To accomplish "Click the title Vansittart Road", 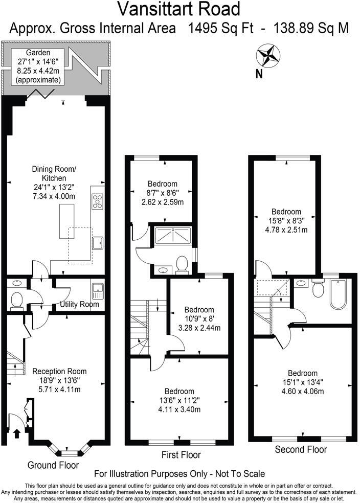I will (x=179, y=9).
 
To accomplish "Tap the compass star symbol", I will (x=267, y=54).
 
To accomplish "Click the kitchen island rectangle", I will (x=65, y=221).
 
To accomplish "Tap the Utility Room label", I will (x=79, y=305).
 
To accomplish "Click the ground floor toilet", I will (x=16, y=300).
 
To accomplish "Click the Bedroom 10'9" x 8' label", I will (x=199, y=318).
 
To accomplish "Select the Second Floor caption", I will (x=301, y=450).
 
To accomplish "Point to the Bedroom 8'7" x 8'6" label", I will (x=163, y=193).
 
